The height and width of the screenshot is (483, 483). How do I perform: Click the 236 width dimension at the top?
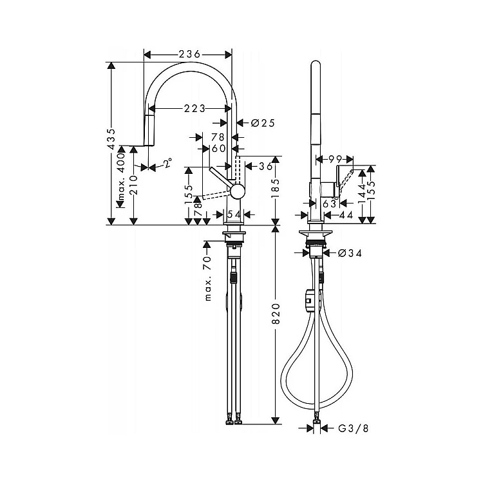pos(189,54)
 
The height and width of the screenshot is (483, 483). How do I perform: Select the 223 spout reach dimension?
pos(194,108)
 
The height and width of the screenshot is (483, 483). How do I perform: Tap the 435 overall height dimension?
pos(111,138)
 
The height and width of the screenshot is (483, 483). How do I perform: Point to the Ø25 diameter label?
pos(263,123)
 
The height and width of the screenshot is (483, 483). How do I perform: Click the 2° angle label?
pos(167,163)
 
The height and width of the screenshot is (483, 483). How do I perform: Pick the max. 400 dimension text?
pos(121,176)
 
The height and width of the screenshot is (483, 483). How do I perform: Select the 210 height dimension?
pos(134,185)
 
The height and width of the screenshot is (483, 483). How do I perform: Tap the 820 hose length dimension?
pos(276,314)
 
